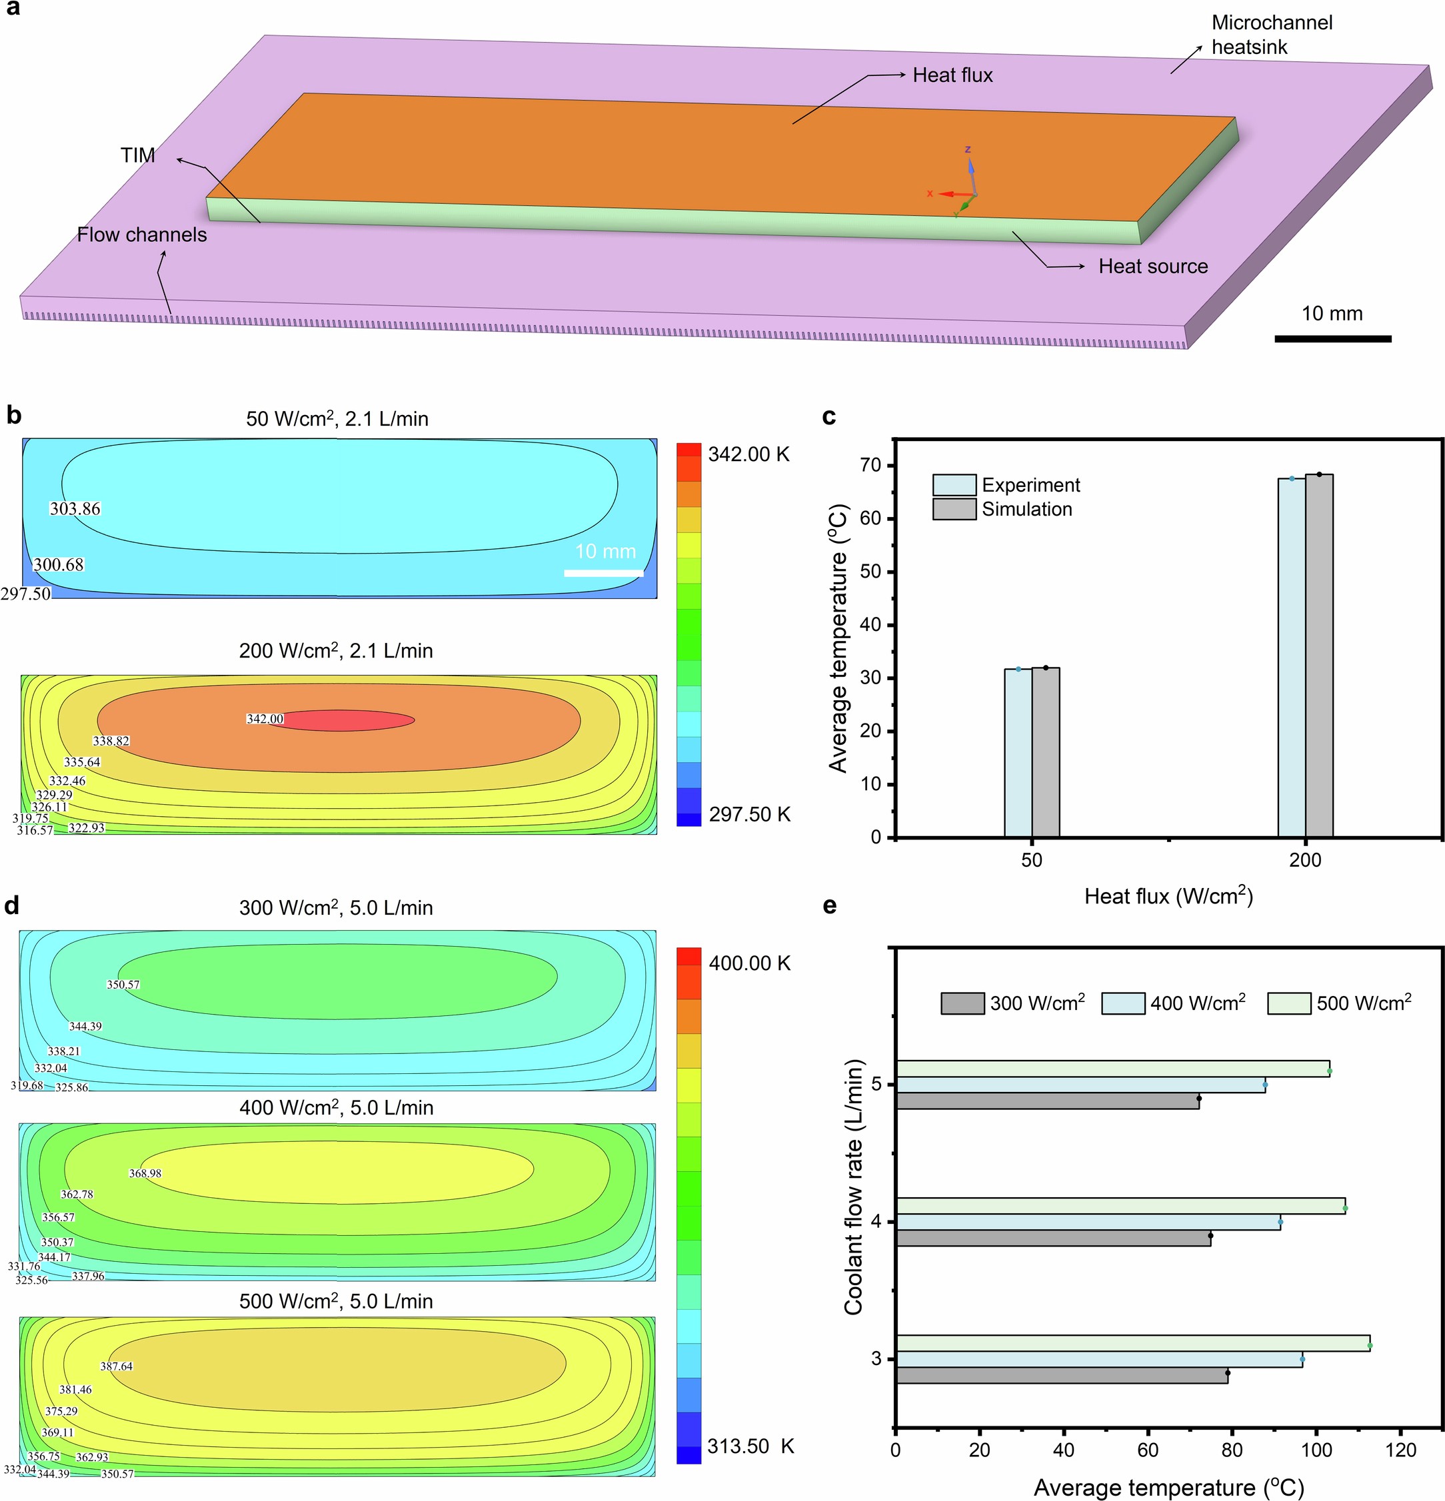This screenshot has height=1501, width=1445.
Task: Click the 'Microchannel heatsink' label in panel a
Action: [1271, 35]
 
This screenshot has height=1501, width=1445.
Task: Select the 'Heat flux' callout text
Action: [952, 75]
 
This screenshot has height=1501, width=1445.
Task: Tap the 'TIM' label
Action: [138, 155]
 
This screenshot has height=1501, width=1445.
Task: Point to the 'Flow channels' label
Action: [142, 235]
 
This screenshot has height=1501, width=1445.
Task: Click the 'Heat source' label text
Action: [1152, 266]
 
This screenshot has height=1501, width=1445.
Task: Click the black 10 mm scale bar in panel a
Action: [1332, 338]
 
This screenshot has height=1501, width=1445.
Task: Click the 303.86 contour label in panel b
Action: [75, 508]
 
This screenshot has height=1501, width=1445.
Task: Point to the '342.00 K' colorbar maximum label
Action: [748, 454]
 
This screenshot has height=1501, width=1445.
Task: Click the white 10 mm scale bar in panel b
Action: [604, 573]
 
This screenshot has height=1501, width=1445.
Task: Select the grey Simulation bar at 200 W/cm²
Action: [1318, 655]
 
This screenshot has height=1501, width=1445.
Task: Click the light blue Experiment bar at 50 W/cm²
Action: [1018, 753]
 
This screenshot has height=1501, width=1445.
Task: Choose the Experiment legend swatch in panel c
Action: [954, 485]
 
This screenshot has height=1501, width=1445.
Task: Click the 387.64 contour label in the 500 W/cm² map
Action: [117, 1366]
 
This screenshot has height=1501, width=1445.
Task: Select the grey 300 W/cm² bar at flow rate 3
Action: [1060, 1374]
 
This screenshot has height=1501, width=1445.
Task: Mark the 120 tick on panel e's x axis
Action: [1400, 1450]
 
